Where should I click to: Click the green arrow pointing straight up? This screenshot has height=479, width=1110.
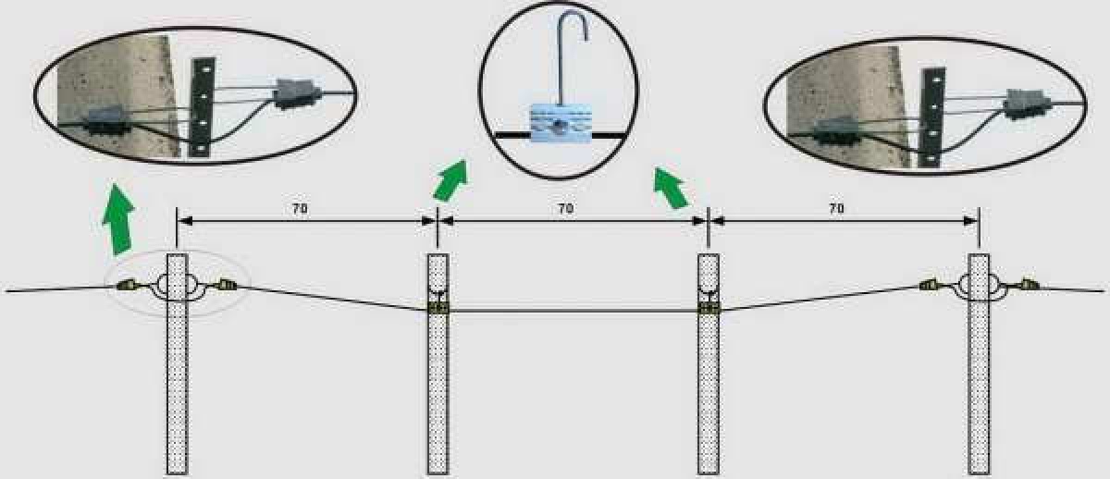click(118, 219)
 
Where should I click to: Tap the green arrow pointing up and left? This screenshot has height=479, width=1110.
click(670, 187)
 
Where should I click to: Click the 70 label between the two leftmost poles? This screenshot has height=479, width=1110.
click(300, 209)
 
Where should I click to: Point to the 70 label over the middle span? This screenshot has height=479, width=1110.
click(566, 209)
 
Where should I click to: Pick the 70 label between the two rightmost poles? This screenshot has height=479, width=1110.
click(836, 209)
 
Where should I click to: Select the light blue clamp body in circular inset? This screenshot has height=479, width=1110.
click(561, 123)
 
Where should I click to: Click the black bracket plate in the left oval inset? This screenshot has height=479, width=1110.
click(203, 107)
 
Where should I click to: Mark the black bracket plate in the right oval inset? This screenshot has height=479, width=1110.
click(932, 117)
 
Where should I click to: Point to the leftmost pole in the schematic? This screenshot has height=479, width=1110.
click(177, 364)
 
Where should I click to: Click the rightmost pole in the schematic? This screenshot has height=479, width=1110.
click(979, 364)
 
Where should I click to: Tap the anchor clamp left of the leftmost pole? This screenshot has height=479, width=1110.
click(126, 286)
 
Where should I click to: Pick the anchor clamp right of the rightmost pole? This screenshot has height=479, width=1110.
click(1029, 284)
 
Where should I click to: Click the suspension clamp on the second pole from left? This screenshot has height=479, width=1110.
click(438, 308)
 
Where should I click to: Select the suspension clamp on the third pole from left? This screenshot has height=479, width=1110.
click(709, 308)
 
